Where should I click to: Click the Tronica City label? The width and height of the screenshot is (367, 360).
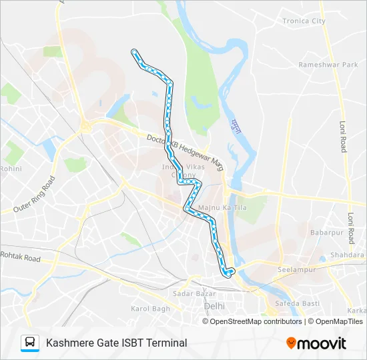[304, 21]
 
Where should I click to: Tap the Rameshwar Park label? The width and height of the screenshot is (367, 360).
[328, 65]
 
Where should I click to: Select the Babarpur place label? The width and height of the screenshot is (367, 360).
[326, 233]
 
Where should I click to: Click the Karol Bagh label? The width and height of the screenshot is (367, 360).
[150, 309]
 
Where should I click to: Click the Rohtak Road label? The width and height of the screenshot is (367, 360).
[20, 256]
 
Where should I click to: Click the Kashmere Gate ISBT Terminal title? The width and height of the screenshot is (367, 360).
[116, 343]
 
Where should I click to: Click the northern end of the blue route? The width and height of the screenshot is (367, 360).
[135, 51]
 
